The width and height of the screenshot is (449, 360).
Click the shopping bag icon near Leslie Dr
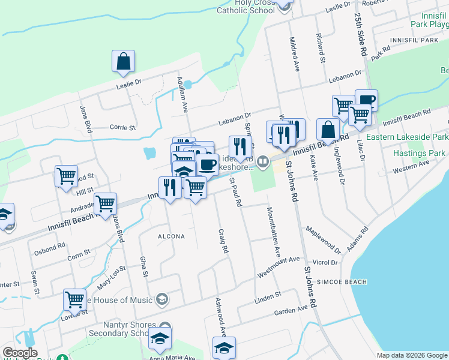[x=123, y=61]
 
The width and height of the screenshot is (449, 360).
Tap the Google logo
[x=20, y=353]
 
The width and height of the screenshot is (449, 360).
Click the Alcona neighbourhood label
[x=171, y=236]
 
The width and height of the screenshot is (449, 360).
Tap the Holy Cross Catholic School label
[x=246, y=6]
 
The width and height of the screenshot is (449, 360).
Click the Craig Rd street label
[x=223, y=240]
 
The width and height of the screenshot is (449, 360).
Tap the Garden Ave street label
[x=295, y=311]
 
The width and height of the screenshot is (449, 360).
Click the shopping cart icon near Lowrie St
[x=75, y=300]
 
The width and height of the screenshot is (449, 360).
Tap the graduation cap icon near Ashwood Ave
[x=224, y=347]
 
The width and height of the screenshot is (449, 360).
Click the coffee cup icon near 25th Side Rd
[x=366, y=100]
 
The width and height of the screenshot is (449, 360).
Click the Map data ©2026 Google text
[x=411, y=355]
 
